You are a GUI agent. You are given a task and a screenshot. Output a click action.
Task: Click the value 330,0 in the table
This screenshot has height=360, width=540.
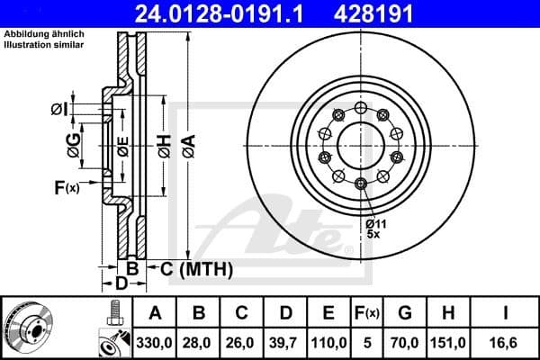click(155, 341)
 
